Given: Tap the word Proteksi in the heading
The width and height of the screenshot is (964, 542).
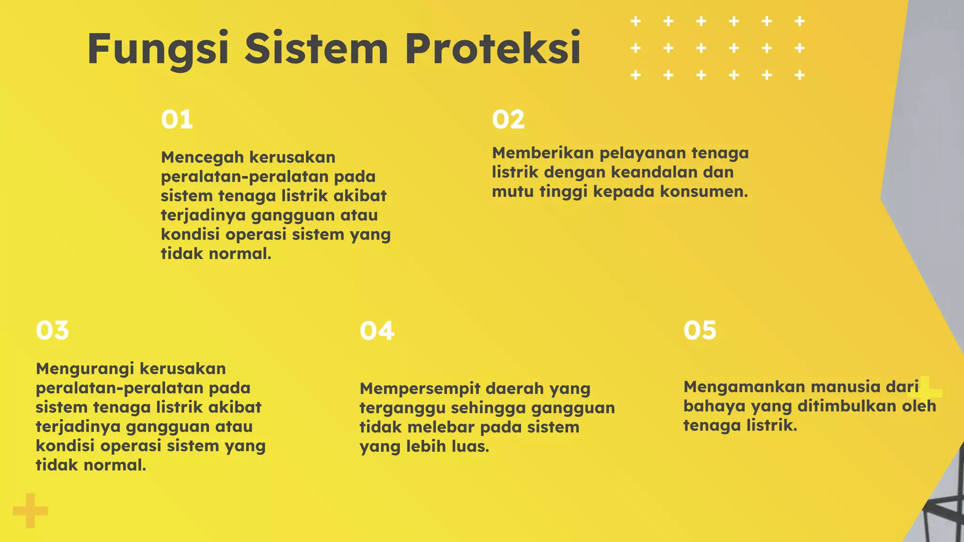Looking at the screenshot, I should (x=493, y=48).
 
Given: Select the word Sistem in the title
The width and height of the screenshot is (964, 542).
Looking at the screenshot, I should (x=316, y=48).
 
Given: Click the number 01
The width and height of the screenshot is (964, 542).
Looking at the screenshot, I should (x=177, y=120).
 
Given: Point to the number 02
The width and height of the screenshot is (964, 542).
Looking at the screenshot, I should (x=508, y=120).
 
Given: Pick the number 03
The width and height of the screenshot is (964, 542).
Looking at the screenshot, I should (x=52, y=330).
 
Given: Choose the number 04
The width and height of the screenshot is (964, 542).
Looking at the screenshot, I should (x=377, y=331).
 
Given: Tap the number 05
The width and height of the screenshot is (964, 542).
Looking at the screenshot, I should (x=700, y=330).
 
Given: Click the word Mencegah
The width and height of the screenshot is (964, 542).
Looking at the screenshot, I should (x=202, y=158).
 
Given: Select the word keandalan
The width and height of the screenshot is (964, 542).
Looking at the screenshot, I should (x=654, y=172).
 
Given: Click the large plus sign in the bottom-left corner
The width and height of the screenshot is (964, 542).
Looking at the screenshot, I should (x=30, y=510).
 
